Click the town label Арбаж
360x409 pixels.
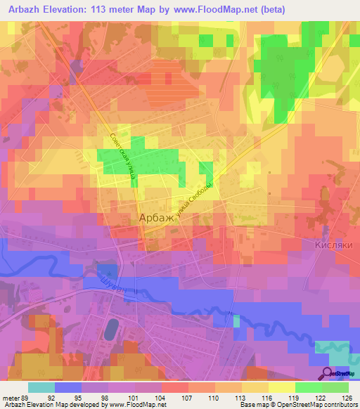coord(151,219)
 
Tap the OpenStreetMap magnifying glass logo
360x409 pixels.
coord(328,374)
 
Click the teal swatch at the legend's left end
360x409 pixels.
coord(41,387)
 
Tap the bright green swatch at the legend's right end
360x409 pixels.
coord(335,387)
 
